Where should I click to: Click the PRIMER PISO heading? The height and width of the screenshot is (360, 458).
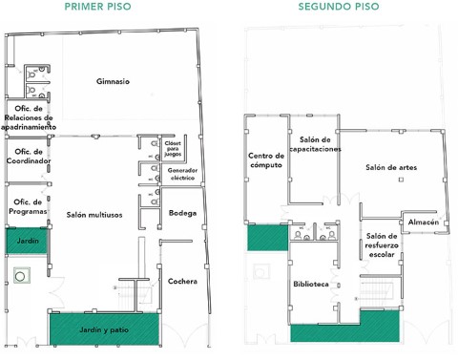pyautogui.click(x=97, y=7)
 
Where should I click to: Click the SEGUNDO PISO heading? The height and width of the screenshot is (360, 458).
pyautogui.click(x=339, y=7)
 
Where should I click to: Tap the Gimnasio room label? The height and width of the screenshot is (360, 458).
pyautogui.click(x=113, y=81)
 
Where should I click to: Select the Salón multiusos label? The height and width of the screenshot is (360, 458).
pyautogui.click(x=94, y=215)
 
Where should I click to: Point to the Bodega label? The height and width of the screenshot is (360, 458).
pyautogui.click(x=182, y=213)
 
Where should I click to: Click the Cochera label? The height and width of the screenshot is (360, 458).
pyautogui.click(x=182, y=281)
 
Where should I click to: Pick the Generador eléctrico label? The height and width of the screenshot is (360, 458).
pyautogui.click(x=182, y=174)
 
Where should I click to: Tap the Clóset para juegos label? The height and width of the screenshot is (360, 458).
pyautogui.click(x=173, y=149)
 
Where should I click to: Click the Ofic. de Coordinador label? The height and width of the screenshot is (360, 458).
pyautogui.click(x=29, y=156)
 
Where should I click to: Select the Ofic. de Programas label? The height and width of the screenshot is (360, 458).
pyautogui.click(x=28, y=206)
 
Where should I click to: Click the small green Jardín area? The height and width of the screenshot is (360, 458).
pyautogui.click(x=28, y=241)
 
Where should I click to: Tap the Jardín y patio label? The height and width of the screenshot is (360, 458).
pyautogui.click(x=104, y=329)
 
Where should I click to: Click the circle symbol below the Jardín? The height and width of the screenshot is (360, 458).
pyautogui.click(x=20, y=276)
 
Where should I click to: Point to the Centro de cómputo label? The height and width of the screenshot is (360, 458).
pyautogui.click(x=266, y=160)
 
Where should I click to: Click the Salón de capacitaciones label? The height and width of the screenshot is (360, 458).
pyautogui.click(x=315, y=144)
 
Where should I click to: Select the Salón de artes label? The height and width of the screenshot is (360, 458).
pyautogui.click(x=391, y=167)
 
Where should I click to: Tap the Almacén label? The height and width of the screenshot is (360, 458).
pyautogui.click(x=424, y=222)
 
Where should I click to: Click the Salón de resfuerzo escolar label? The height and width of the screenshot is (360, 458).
pyautogui.click(x=382, y=245)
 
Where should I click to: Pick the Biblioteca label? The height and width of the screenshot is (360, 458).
pyautogui.click(x=311, y=284)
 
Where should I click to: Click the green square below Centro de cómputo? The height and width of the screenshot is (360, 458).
pyautogui.click(x=268, y=238)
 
